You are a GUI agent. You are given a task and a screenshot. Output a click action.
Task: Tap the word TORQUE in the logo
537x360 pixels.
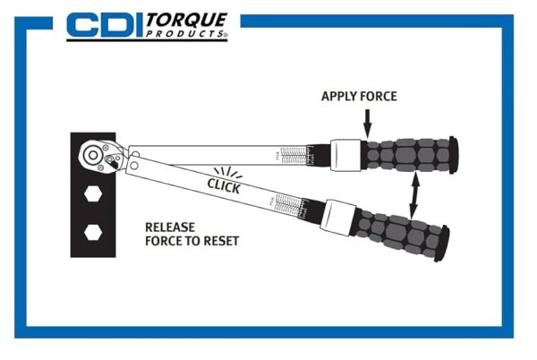point(187,20)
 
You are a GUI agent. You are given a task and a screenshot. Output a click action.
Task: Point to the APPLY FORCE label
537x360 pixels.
point(358,96)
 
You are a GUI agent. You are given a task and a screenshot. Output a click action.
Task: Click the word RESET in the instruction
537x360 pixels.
point(219,241)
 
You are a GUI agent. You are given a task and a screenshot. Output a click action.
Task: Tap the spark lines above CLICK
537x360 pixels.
point(226,168)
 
